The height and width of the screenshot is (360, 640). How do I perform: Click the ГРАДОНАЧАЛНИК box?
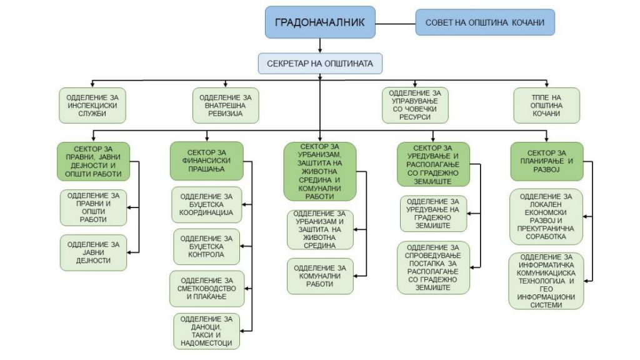[x=320, y=22]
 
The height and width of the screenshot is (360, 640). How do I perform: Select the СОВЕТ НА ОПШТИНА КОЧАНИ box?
[x=485, y=22]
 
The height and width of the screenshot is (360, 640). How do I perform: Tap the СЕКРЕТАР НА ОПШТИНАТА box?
[x=320, y=64]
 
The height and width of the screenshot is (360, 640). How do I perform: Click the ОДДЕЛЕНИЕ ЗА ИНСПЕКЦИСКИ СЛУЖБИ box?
[x=92, y=105]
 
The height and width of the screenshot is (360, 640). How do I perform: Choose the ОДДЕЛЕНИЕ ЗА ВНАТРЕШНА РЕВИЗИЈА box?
[x=226, y=105]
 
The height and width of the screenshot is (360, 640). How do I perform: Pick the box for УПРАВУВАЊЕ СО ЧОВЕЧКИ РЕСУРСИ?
[x=415, y=105]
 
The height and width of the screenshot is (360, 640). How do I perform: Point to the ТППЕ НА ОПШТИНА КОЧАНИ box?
[x=546, y=105]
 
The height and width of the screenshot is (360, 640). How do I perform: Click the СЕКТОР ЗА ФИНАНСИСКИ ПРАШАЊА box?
[x=206, y=161]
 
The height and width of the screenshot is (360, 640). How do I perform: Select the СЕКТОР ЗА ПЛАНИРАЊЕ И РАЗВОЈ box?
[x=547, y=161]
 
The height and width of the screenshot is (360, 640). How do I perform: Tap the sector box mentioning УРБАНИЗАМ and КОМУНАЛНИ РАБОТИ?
[x=320, y=171]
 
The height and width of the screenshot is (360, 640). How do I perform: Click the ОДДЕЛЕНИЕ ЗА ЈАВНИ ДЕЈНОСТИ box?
[x=94, y=252]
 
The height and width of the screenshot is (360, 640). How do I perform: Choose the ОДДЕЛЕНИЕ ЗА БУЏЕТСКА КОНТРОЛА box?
[x=206, y=246]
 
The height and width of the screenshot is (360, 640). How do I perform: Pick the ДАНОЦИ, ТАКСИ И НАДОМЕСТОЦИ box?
[x=206, y=331]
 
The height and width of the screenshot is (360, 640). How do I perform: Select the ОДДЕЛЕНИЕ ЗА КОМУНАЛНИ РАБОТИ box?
[x=320, y=276]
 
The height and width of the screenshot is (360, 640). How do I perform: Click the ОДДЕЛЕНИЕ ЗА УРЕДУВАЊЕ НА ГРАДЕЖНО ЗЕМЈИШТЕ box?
[x=433, y=214]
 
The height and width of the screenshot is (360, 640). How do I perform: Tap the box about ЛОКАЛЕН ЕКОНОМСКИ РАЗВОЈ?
[x=546, y=217]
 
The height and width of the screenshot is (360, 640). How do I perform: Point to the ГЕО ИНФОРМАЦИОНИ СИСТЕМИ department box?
[x=546, y=281]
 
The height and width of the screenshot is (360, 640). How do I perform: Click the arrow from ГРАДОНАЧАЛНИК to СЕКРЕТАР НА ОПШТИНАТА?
[x=320, y=46]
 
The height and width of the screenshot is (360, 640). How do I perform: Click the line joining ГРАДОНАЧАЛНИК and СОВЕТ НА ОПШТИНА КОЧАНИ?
[x=396, y=24]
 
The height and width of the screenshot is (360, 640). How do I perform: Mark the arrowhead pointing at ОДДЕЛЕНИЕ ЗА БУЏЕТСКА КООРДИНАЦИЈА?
[x=244, y=204]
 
